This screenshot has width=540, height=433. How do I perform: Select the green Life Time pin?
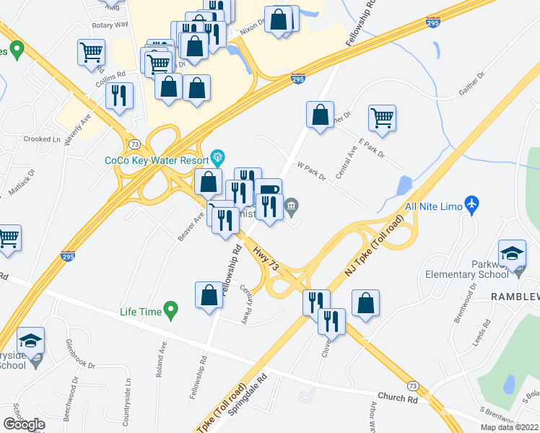pos(171,311)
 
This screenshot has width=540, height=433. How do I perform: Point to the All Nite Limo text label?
pos(432,207)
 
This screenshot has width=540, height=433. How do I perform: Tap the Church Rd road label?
pos(398,398)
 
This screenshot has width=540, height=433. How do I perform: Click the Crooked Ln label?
pos(38,139)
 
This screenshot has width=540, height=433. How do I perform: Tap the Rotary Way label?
pos(110,24)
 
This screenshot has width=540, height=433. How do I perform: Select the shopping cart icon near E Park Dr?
pos(382,117)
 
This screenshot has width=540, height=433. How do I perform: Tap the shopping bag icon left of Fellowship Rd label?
pos(209,296)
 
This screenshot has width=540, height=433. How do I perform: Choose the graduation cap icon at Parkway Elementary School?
pos(512,253)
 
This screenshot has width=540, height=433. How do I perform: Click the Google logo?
pos(24,424)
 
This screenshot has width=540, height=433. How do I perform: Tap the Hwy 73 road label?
pos(266,258)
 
